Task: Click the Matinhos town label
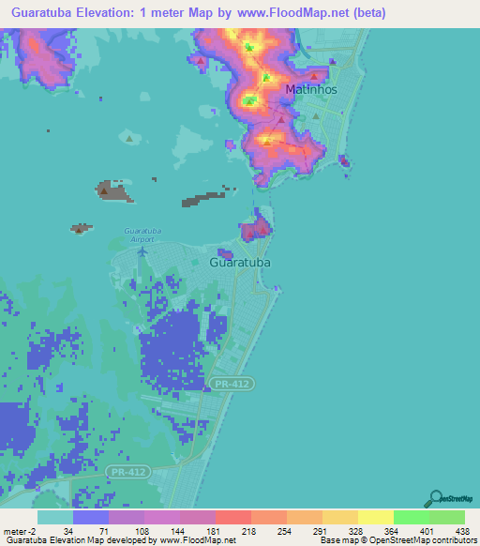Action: point(307,90)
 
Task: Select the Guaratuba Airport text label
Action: point(142,235)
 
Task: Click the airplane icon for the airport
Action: point(142,250)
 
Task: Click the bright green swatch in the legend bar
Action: point(412,517)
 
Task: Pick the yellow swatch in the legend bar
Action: point(376,517)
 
